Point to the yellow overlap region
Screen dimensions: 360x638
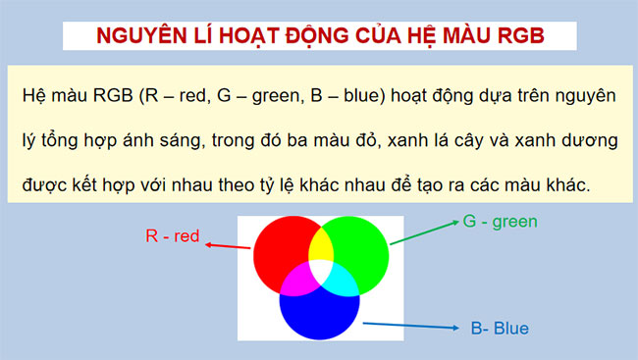click(320, 246)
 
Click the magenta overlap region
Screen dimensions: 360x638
click(297, 279)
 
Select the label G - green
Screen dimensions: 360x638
click(500, 222)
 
